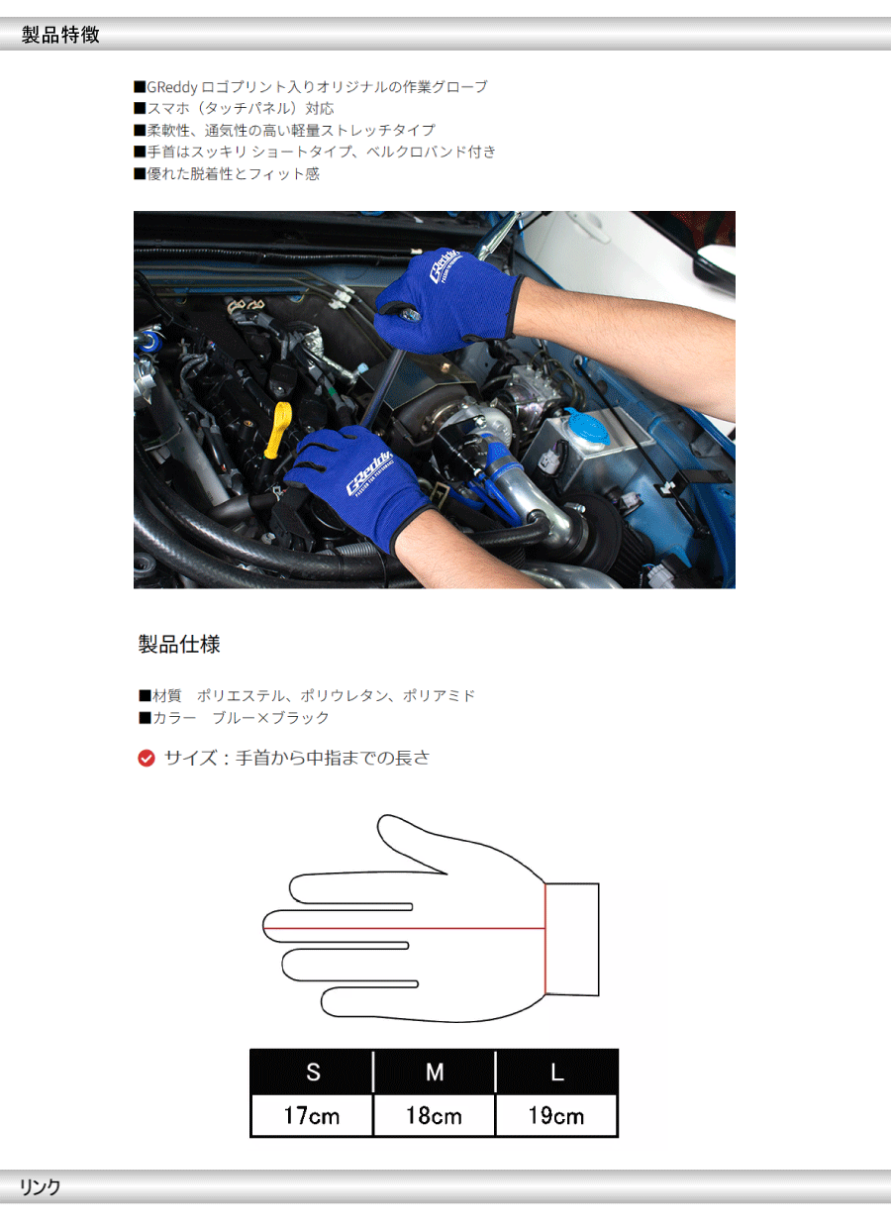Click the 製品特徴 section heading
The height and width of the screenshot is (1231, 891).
tap(60, 35)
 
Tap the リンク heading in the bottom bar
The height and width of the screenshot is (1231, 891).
tap(40, 1187)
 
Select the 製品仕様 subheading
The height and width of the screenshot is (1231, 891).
tap(179, 644)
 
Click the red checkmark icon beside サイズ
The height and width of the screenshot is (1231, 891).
tap(147, 759)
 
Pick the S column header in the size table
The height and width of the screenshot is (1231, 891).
tap(312, 1072)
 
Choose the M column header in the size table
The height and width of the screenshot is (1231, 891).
tap(434, 1072)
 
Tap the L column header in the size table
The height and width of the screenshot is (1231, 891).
tap(556, 1072)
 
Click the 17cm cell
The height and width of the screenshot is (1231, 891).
tap(312, 1115)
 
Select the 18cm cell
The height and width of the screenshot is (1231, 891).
tap(434, 1115)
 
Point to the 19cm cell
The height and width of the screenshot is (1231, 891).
tap(556, 1115)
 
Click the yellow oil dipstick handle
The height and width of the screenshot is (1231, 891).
tap(278, 430)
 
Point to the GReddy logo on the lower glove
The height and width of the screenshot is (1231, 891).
tap(369, 472)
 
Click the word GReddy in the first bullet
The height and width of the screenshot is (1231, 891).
tap(172, 87)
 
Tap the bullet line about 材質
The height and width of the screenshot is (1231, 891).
tap(307, 696)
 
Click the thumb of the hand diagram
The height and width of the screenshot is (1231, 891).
tap(412, 844)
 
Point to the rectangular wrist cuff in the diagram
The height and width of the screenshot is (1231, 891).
tap(572, 940)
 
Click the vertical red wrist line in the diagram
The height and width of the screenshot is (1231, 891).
tap(544, 940)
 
